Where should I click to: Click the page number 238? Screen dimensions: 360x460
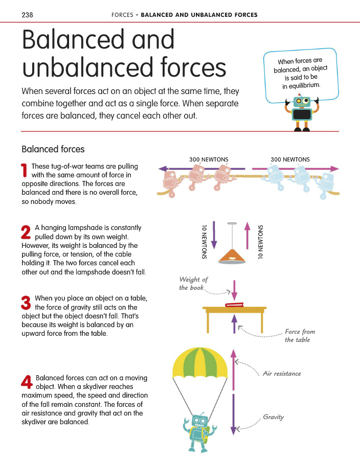click(27, 15)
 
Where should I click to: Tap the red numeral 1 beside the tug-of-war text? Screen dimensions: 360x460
click(25, 170)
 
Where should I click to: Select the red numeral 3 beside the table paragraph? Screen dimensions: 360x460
click(26, 303)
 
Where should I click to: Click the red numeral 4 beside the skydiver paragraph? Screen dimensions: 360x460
click(27, 382)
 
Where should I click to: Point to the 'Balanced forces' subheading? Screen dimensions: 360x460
click(53, 149)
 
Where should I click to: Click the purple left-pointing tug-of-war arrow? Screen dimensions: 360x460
click(201, 169)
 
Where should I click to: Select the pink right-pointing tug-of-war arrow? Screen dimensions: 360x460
click(296, 169)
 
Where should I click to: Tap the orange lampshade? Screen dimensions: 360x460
click(232, 257)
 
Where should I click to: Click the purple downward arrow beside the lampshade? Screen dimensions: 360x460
click(214, 235)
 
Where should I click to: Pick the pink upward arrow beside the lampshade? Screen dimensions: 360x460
click(247, 236)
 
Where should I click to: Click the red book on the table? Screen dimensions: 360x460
click(234, 305)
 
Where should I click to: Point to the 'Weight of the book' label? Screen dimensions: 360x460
click(193, 283)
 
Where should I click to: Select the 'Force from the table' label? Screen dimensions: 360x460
click(300, 336)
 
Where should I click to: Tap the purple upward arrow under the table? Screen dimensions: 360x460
click(234, 324)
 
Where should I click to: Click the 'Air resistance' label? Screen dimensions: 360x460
click(282, 374)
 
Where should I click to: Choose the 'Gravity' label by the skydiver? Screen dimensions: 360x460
click(274, 417)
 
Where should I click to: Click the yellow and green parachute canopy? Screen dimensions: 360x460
click(200, 362)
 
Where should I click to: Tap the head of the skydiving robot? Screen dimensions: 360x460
click(200, 422)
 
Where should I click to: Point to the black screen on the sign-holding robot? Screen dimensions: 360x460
click(302, 114)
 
